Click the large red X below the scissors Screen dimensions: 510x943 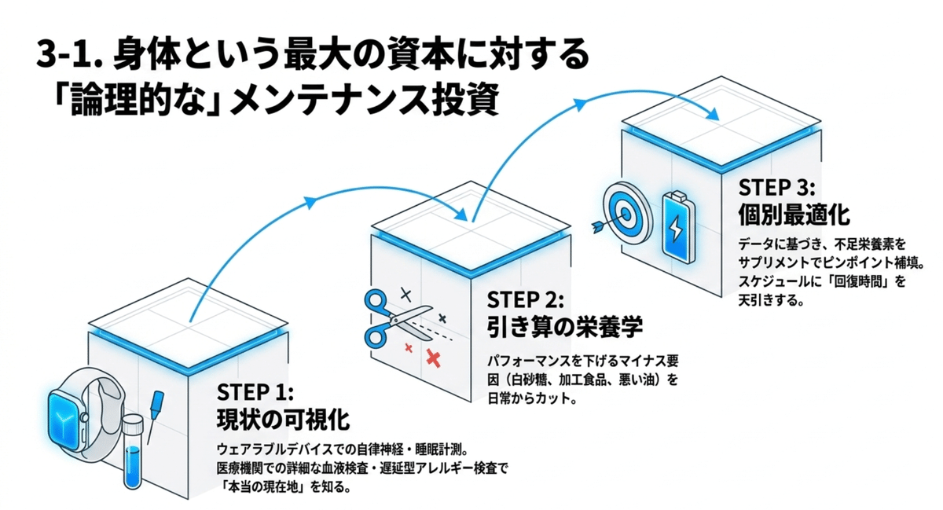(x=432, y=358)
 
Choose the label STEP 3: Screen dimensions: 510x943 (x=778, y=187)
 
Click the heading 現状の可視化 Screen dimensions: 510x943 (x=282, y=418)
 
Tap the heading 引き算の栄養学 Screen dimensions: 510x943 (x=563, y=326)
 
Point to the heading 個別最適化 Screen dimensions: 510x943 (x=794, y=214)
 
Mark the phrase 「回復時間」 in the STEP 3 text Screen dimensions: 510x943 (x=872, y=281)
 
